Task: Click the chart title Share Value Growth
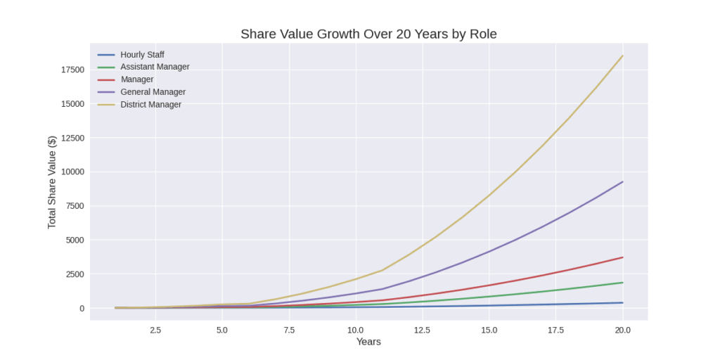(x=368, y=34)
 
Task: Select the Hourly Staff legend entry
(x=142, y=54)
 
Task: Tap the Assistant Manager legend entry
(x=155, y=67)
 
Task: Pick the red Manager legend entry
(x=136, y=79)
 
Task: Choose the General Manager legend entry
(x=153, y=92)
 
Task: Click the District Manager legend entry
(x=150, y=105)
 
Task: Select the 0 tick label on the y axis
(x=82, y=308)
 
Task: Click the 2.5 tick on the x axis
(x=155, y=330)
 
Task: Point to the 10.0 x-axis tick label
(x=356, y=330)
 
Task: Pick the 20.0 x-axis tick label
(x=623, y=330)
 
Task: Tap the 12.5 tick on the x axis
(x=423, y=330)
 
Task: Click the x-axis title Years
(x=368, y=342)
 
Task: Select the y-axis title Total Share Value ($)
(x=52, y=181)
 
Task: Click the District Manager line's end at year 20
(x=622, y=56)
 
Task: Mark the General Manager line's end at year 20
(x=622, y=182)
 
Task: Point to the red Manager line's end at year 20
(x=622, y=257)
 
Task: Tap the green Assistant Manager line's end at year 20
(x=622, y=283)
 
